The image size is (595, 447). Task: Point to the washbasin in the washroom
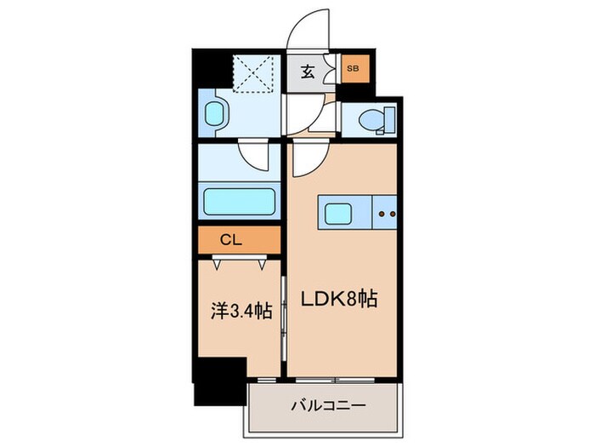217,113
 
